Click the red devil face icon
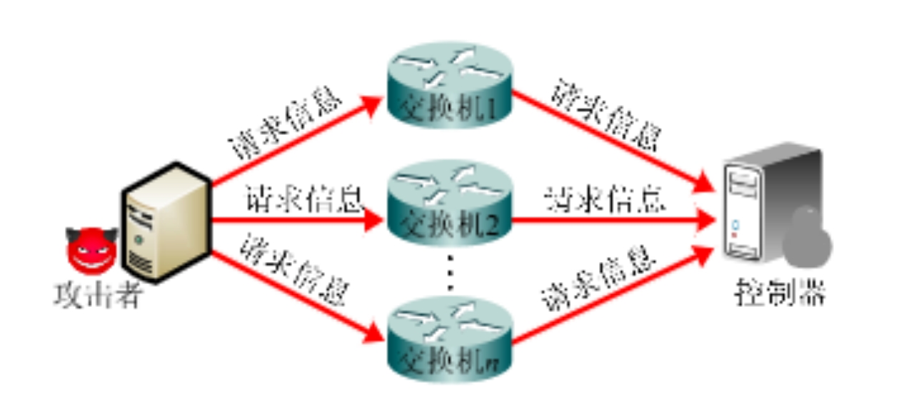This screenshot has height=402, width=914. (x=91, y=250)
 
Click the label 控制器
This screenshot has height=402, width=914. (x=780, y=293)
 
